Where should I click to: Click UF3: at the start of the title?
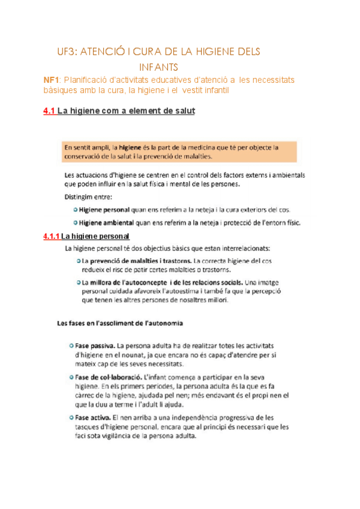[67, 52]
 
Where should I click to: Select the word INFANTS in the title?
[158, 67]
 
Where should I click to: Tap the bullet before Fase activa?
[71, 417]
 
